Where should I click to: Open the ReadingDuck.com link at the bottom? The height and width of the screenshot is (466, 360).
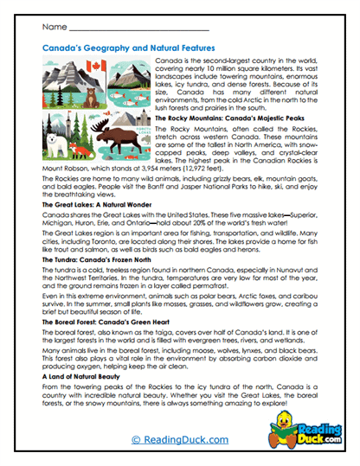(x=179, y=441)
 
